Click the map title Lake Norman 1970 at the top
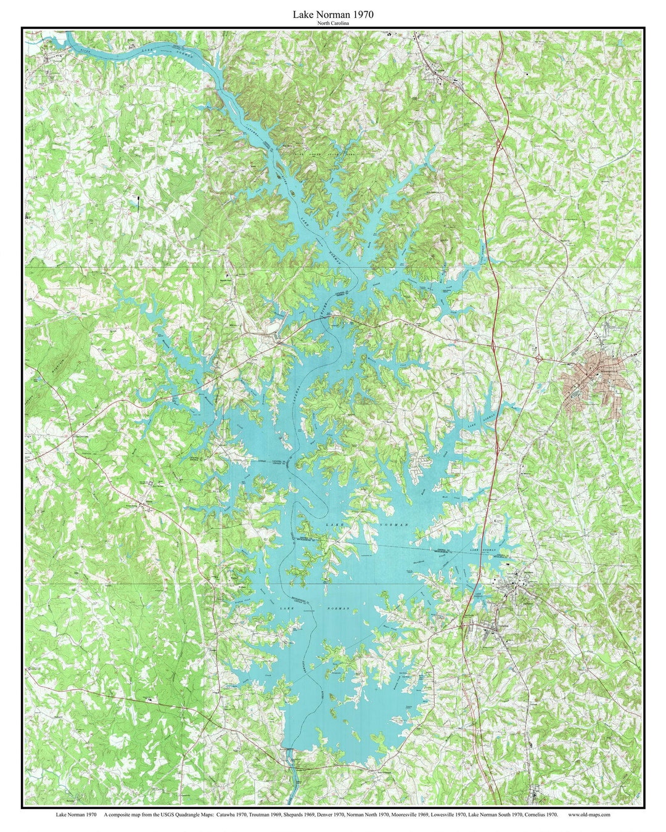pyautogui.click(x=333, y=14)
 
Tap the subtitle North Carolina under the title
pyautogui.click(x=333, y=23)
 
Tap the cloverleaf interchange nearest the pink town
pyautogui.click(x=538, y=357)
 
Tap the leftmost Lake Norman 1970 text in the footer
pyautogui.click(x=75, y=815)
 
